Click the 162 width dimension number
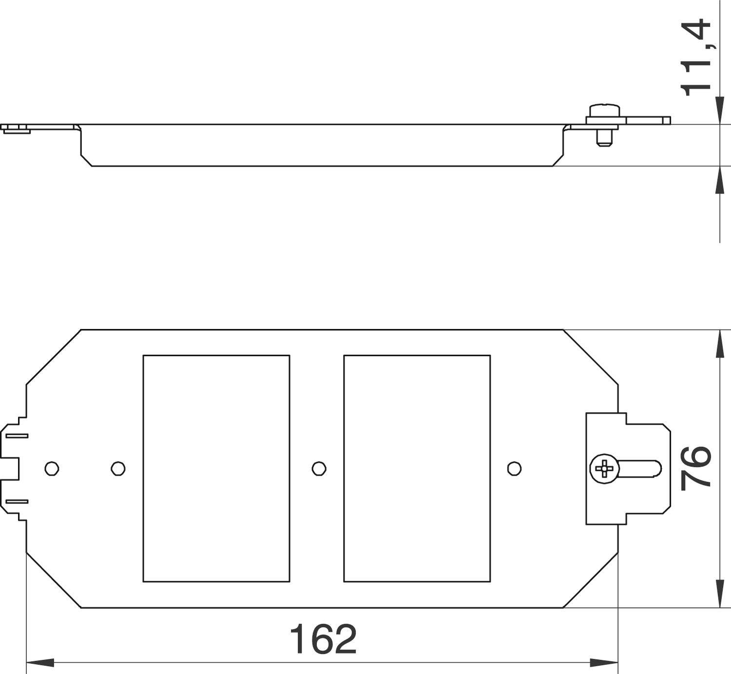(323, 639)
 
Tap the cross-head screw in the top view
(604, 469)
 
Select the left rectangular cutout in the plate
(216, 468)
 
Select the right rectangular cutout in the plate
(417, 468)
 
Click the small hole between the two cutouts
(319, 468)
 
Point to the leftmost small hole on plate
(52, 468)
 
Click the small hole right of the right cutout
(514, 468)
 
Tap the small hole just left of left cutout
(118, 468)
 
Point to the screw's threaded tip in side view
(603, 140)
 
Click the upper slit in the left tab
(18, 436)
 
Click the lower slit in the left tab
(18, 501)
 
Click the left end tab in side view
(16, 129)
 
